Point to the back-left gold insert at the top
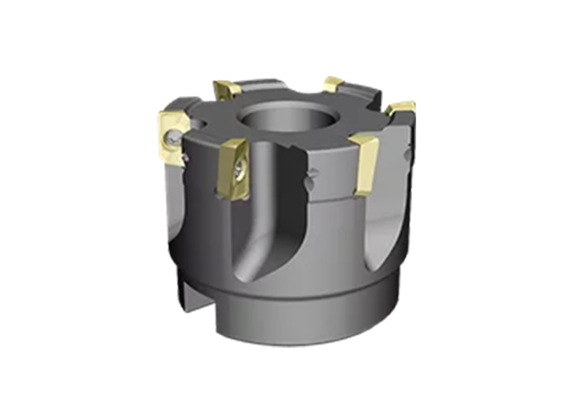coord(227,88)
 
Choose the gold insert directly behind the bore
coord(333,83)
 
